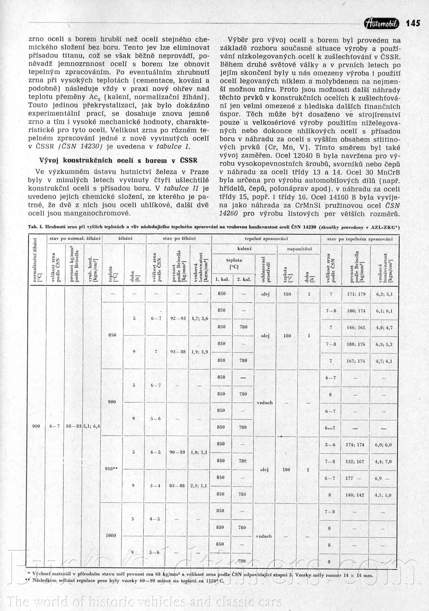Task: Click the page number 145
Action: click(x=413, y=23)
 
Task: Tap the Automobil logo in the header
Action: click(x=381, y=24)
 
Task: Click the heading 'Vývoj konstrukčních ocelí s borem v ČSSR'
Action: click(x=118, y=160)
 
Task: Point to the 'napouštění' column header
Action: click(x=298, y=249)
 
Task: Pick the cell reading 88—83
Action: click(x=74, y=426)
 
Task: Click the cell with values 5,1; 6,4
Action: click(x=92, y=426)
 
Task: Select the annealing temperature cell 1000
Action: click(x=111, y=535)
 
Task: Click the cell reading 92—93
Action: click(x=178, y=318)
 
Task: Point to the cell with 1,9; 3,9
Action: click(x=199, y=352)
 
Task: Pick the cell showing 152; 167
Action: click(x=355, y=462)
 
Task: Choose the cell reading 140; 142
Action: click(x=355, y=495)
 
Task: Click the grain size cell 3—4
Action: click(x=155, y=485)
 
